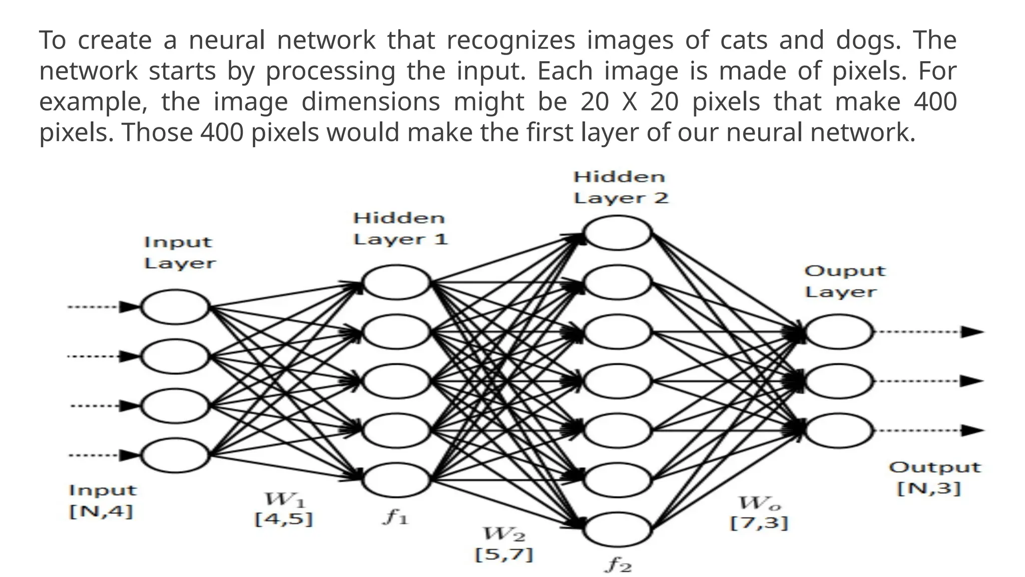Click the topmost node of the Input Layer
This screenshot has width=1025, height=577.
pyautogui.click(x=175, y=307)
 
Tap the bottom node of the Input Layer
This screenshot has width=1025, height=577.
pyautogui.click(x=175, y=455)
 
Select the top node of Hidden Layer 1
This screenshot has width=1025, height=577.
pyautogui.click(x=396, y=282)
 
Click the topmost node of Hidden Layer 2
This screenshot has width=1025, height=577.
pyautogui.click(x=618, y=233)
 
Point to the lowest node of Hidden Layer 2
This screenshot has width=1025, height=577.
pyautogui.click(x=618, y=529)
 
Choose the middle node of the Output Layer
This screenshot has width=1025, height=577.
pyautogui.click(x=839, y=381)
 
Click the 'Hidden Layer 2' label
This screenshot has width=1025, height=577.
pyautogui.click(x=621, y=187)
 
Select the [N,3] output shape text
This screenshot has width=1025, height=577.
pyautogui.click(x=929, y=488)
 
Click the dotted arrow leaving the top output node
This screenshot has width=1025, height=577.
pyautogui.click(x=929, y=332)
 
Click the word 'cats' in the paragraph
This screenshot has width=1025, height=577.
pyautogui.click(x=743, y=40)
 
